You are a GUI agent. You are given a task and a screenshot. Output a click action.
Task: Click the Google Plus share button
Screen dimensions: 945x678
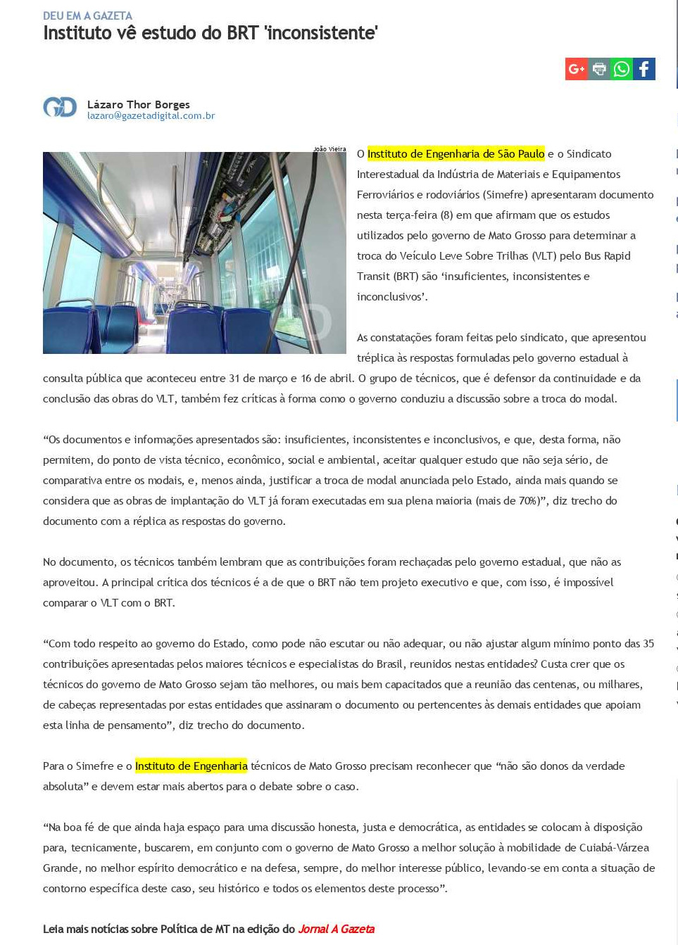click(x=576, y=69)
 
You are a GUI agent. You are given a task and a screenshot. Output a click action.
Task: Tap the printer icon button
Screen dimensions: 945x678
click(x=599, y=69)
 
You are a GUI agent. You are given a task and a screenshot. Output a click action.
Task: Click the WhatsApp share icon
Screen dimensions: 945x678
click(x=622, y=69)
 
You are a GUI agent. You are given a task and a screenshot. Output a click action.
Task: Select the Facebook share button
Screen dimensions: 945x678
click(x=644, y=69)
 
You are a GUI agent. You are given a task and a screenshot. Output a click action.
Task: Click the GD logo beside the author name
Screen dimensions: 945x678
click(x=60, y=107)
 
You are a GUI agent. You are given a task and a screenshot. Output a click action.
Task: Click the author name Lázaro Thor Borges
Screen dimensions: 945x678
click(x=138, y=104)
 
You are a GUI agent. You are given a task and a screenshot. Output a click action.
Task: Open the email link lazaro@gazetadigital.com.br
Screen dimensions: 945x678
click(x=151, y=116)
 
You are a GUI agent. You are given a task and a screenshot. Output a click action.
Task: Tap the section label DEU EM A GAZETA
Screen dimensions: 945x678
click(x=87, y=15)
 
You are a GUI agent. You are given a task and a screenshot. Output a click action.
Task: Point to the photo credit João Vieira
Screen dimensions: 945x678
click(x=329, y=148)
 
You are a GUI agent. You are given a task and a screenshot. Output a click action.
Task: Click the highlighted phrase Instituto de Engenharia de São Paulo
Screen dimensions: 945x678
click(x=456, y=153)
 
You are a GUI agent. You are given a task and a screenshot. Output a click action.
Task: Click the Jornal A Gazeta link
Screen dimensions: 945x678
click(x=336, y=929)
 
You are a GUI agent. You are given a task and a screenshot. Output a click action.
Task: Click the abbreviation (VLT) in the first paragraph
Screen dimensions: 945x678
click(x=541, y=255)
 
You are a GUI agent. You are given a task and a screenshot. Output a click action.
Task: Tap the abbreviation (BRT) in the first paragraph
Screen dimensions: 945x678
click(x=405, y=276)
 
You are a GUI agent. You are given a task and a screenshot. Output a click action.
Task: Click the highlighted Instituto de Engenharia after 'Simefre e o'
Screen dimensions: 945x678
click(x=191, y=766)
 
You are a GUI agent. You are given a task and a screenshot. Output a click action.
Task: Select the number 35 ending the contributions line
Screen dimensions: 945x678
click(x=648, y=643)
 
